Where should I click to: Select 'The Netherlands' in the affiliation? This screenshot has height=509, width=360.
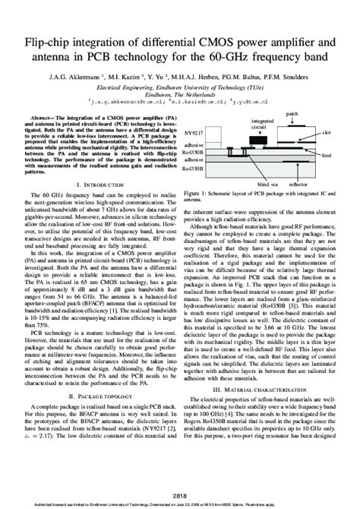click(x=179, y=90)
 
